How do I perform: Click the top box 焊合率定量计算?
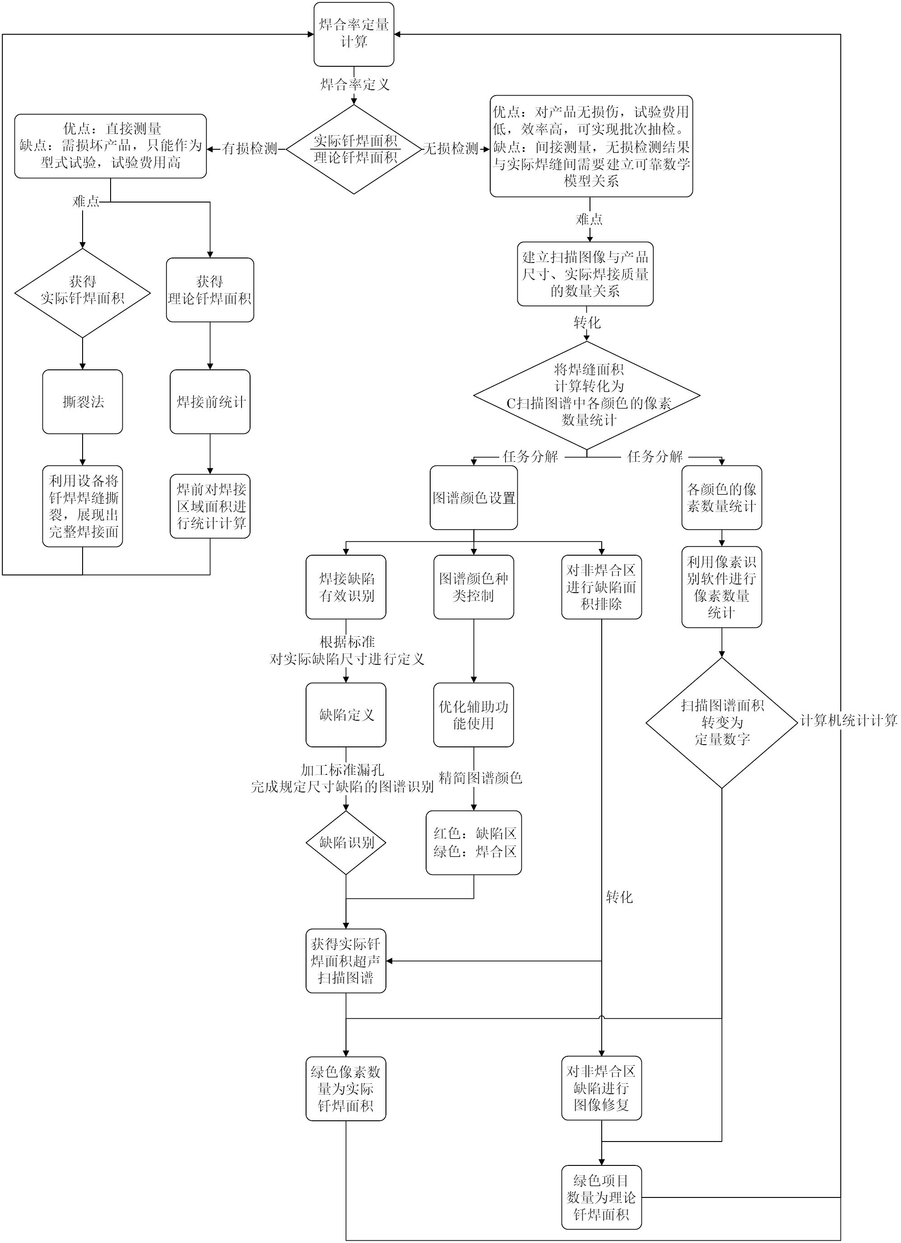354,34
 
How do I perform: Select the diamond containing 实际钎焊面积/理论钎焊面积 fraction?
354,149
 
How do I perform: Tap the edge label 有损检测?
250,149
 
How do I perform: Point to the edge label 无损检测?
451,149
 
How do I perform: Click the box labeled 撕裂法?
82,402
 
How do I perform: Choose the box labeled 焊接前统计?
210,402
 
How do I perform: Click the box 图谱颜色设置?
474,497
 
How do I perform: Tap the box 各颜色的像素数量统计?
722,497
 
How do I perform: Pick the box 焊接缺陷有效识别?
346,587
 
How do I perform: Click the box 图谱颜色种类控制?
474,587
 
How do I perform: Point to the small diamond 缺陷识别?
346,842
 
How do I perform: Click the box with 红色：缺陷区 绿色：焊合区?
474,842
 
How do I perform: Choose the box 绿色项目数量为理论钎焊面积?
602,1197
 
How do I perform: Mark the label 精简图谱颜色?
480,778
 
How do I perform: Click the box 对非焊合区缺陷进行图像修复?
602,1088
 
